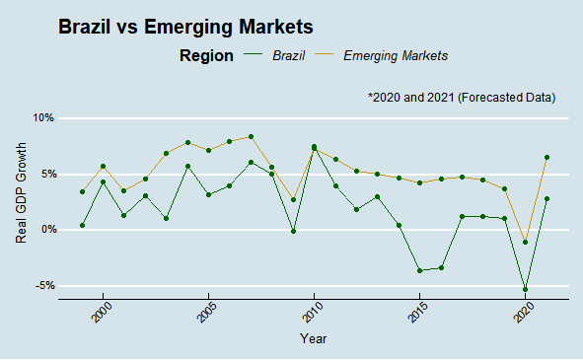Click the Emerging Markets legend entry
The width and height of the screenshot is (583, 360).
[x=395, y=56]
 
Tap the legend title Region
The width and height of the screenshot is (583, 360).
[x=206, y=56]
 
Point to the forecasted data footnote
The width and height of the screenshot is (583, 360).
[x=462, y=98]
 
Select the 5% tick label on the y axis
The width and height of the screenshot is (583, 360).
[x=43, y=174]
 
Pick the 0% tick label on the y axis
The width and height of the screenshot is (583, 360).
[x=43, y=230]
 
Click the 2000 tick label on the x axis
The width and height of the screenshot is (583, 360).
[x=101, y=313]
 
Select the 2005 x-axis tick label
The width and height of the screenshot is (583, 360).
[x=205, y=313]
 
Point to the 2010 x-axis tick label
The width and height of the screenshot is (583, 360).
[x=311, y=313]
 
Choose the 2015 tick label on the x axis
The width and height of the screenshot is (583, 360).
[x=415, y=313]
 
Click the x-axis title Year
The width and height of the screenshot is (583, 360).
[x=314, y=338]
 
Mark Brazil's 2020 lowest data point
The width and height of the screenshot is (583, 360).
[x=525, y=290]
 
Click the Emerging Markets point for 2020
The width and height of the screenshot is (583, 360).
[x=525, y=242]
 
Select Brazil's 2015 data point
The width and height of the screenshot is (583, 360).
[x=419, y=270]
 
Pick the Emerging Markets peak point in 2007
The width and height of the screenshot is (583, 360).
[x=251, y=136]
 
